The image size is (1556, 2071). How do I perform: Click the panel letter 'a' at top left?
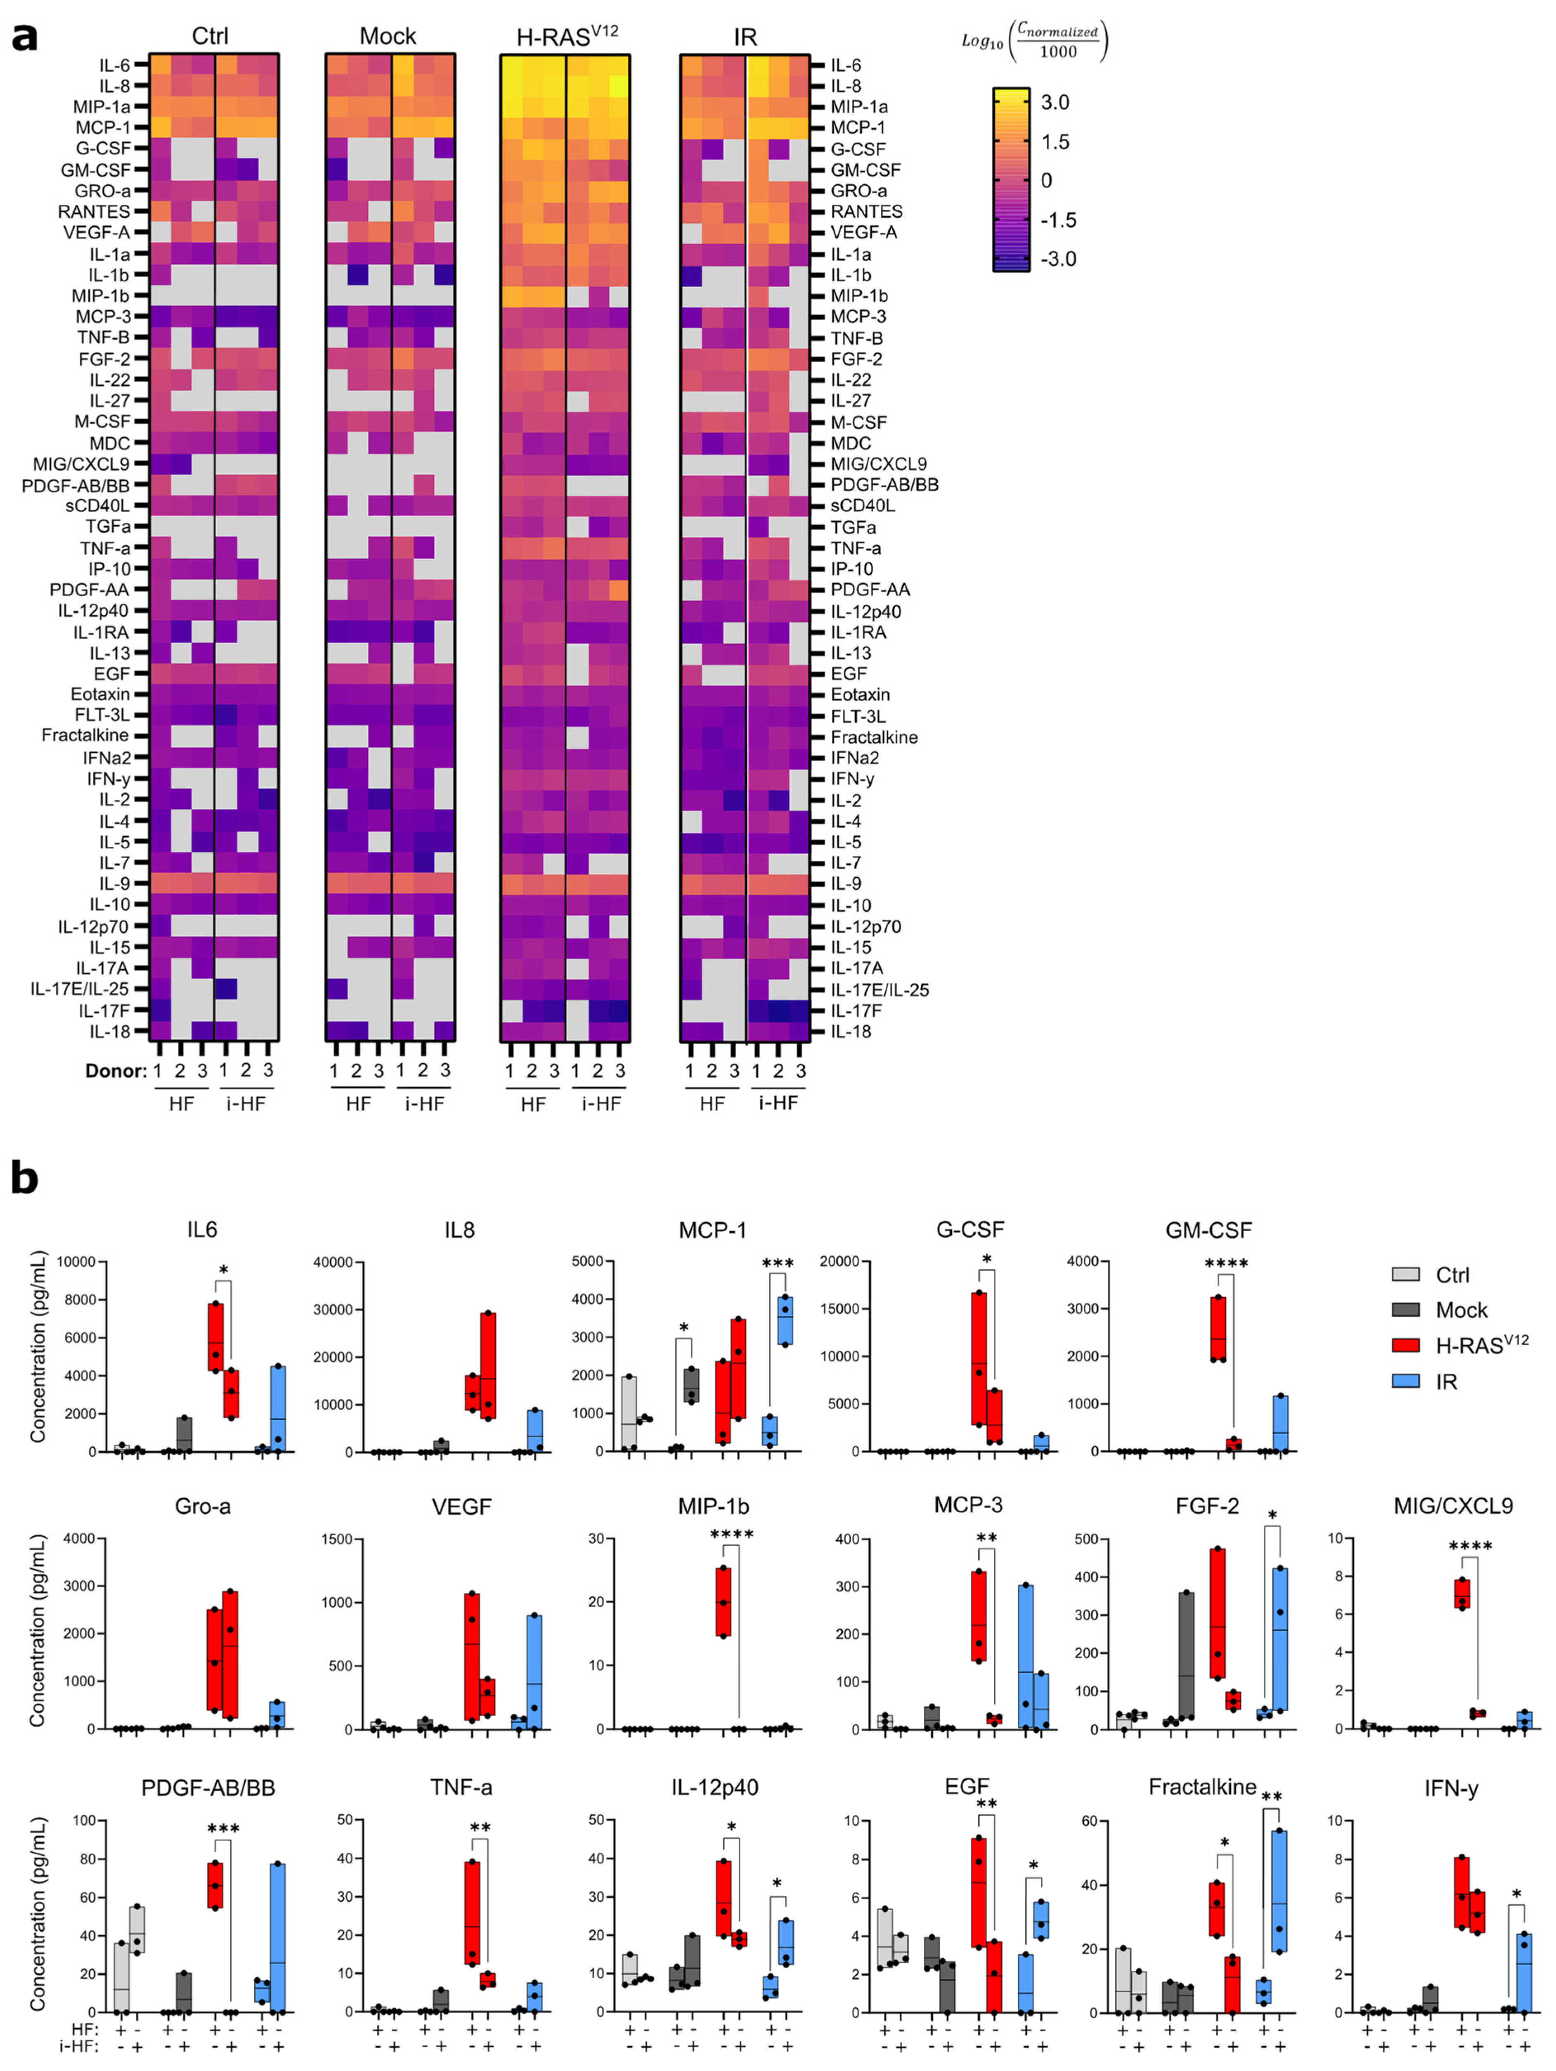(x=24, y=38)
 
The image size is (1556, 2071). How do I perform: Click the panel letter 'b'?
(x=24, y=1178)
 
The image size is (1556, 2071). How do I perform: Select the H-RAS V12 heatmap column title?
(x=566, y=35)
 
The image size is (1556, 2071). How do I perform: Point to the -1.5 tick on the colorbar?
(x=1058, y=220)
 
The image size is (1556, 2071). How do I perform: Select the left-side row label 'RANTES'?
(x=94, y=212)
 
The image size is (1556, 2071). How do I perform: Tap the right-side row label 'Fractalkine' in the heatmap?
(x=873, y=737)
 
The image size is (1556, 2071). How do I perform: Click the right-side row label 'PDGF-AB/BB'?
(x=884, y=484)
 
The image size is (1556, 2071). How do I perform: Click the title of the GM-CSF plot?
(x=1208, y=1230)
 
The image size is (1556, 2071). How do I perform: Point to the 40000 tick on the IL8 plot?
(x=332, y=1262)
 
